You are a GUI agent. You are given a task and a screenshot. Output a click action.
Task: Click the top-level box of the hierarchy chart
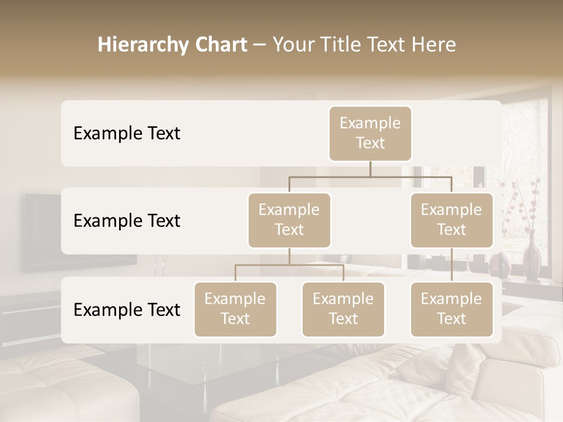point(370,133)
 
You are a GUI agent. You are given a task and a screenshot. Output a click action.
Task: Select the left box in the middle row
point(289,220)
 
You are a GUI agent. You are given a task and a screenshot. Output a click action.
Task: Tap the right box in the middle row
point(452,220)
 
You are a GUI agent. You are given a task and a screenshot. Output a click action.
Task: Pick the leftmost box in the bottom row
point(235,309)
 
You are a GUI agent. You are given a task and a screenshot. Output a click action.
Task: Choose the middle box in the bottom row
point(343,309)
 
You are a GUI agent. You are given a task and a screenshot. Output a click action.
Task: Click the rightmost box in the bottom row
point(452,309)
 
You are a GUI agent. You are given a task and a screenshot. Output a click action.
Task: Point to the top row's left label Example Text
point(127,134)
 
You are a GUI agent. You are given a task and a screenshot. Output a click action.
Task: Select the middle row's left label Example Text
point(127,221)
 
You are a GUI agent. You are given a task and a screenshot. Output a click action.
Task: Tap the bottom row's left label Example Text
point(127,310)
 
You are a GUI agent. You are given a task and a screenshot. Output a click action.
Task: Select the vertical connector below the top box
point(370,169)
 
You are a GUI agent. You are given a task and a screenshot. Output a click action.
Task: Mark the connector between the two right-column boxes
point(452,265)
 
